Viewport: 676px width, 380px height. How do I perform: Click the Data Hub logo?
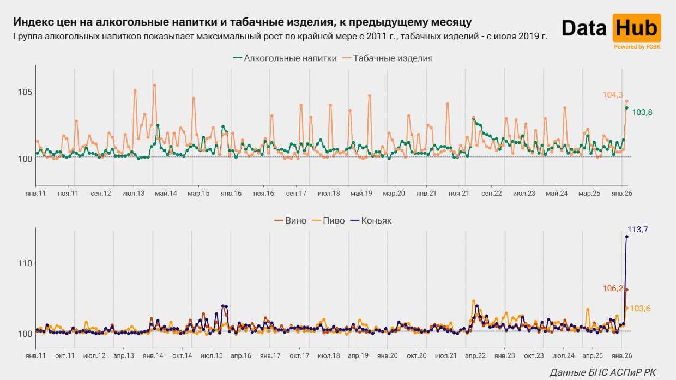pyautogui.click(x=611, y=28)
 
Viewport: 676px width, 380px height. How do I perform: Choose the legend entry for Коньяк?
pyautogui.click(x=376, y=221)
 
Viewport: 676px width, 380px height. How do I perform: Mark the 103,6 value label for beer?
pyautogui.click(x=640, y=309)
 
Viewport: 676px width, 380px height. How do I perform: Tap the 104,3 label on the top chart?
pyautogui.click(x=613, y=95)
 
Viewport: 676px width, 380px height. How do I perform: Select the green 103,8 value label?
pyautogui.click(x=642, y=112)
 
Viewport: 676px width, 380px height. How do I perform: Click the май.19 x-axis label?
pyautogui.click(x=361, y=194)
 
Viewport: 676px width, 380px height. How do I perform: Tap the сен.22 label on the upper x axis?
pyautogui.click(x=491, y=194)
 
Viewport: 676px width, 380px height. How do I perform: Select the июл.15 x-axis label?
pyautogui.click(x=211, y=356)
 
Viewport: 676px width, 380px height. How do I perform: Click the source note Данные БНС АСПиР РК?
pyautogui.click(x=603, y=372)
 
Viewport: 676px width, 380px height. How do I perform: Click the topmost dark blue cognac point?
pyautogui.click(x=626, y=237)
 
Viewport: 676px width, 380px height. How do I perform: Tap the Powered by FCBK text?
pyautogui.click(x=637, y=47)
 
